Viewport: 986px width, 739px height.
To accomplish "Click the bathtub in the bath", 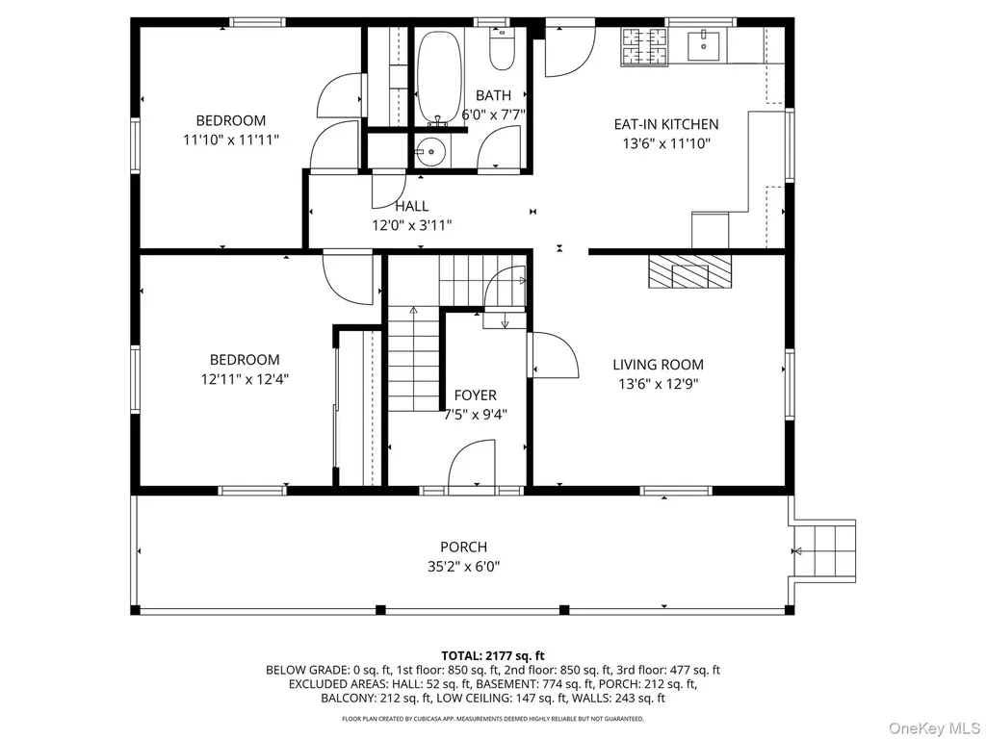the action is pos(438,78).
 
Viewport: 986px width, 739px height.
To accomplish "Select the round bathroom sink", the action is pos(430,151).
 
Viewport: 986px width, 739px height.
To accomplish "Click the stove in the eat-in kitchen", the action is pos(644,47).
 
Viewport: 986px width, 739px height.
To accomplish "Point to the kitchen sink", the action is pos(703,45).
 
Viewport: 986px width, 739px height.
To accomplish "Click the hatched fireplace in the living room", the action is pos(690,271).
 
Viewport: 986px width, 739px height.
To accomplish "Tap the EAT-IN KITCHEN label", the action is pos(666,124).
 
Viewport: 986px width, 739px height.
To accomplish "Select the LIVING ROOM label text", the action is pos(658,365).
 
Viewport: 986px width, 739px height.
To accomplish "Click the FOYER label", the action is pos(476,395).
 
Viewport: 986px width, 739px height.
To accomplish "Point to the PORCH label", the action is pos(463,547).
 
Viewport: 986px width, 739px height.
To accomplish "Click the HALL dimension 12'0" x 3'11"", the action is pos(412,225).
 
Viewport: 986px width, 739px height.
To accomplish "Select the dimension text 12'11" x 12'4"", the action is pos(245,379).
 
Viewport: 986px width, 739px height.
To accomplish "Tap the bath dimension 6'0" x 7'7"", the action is pos(493,115).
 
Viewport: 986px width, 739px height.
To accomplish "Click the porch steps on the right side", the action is pos(824,551).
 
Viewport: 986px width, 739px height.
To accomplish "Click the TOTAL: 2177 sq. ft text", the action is pos(493,656).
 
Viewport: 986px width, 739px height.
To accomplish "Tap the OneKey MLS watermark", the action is pos(934,728).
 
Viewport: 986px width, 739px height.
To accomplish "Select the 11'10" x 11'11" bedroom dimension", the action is pos(231,140).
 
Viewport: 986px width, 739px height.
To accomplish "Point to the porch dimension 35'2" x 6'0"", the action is pos(463,567).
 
